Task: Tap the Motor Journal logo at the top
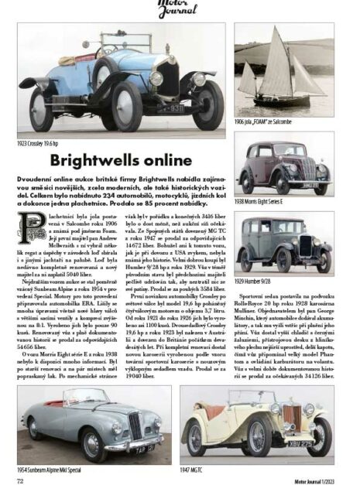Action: pyautogui.click(x=180, y=9)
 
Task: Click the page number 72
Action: pyautogui.click(x=22, y=479)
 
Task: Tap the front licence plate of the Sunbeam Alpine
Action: pyautogui.click(x=143, y=448)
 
